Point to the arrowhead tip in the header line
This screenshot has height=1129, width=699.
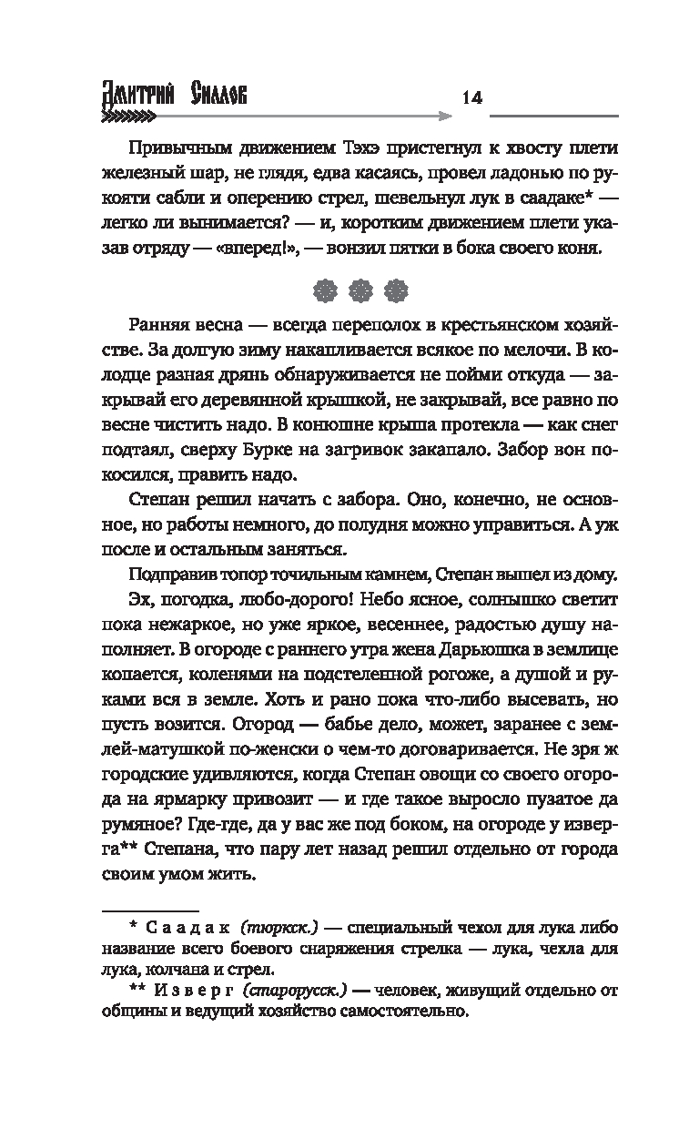449,117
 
